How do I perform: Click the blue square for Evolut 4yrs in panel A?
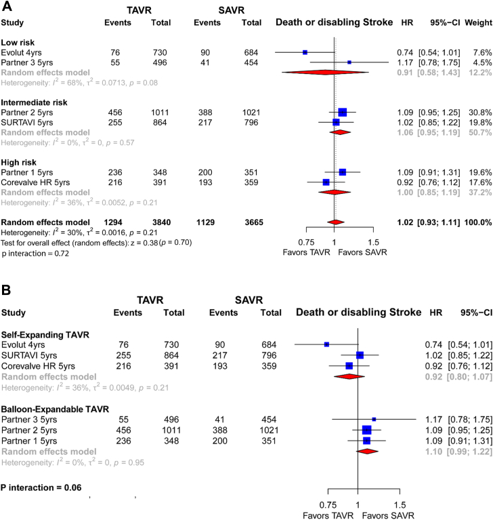(305, 52)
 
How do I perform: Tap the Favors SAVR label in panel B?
(385, 515)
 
